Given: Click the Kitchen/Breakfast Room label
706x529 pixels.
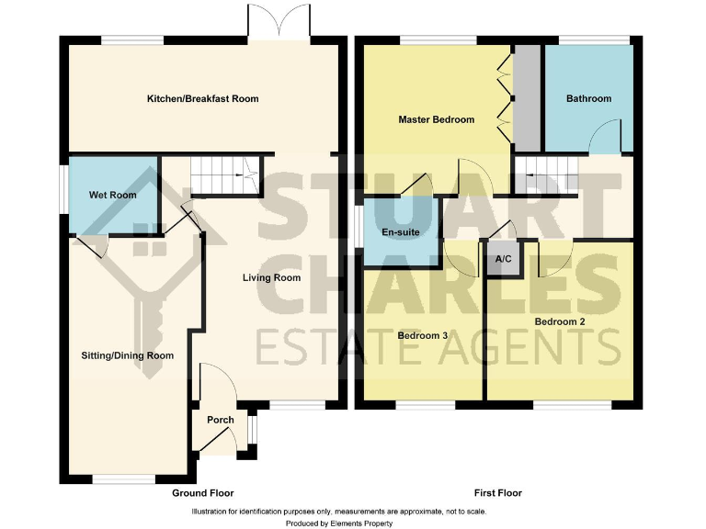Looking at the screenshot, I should (203, 98).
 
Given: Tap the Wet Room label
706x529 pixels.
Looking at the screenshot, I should (112, 195).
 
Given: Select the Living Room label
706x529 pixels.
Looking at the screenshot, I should (271, 277).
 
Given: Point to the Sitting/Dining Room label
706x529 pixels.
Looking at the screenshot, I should (128, 355).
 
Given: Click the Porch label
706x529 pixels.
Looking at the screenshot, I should (220, 420).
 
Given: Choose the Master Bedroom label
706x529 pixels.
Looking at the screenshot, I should (436, 119).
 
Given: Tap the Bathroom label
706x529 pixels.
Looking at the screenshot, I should (588, 98).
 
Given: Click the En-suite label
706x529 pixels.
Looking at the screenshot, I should (401, 232).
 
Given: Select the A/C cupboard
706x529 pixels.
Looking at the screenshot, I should (503, 259).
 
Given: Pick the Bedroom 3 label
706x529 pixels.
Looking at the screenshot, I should (422, 335).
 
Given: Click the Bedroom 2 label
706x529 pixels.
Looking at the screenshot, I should (560, 321).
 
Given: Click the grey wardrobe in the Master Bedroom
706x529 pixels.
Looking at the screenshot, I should (527, 96).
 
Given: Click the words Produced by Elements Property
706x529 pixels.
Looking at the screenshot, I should (339, 523).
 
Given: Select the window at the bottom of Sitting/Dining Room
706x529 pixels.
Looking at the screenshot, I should (124, 478).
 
